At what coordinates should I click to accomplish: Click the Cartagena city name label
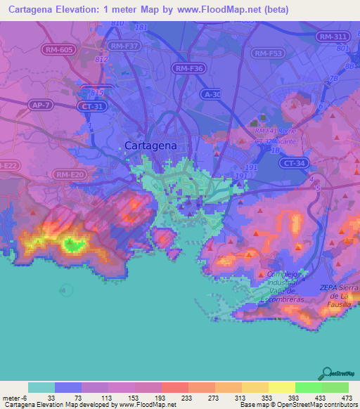click(150, 145)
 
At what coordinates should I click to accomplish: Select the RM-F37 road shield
click(124, 46)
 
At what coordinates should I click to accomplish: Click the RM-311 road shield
click(331, 36)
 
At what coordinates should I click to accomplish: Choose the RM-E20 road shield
click(70, 174)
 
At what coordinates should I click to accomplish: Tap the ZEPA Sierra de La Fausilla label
click(339, 292)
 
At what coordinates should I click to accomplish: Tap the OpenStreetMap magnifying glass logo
click(326, 373)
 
